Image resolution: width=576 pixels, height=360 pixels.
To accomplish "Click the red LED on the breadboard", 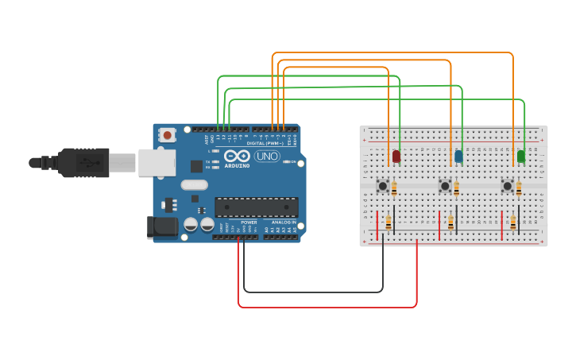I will pos(396,156).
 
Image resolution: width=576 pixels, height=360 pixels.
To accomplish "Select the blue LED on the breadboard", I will pos(458,156).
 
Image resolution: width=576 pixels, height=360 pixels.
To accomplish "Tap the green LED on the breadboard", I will pos(521,156).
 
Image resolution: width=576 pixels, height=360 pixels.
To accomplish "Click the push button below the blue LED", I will pos(445,186).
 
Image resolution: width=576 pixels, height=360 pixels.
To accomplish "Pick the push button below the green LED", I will pos(508,186).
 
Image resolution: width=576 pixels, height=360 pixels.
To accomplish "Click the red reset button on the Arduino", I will pos(167,135).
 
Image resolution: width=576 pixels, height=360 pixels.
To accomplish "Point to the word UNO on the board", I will pos(266,157).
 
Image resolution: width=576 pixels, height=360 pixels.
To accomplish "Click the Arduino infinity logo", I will pos(237,156).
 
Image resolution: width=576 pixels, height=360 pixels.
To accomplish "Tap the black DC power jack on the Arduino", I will pos(163,227).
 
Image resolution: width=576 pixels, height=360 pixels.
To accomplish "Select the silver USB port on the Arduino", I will pos(157,162).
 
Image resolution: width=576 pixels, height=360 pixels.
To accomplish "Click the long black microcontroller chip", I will pos(257,207).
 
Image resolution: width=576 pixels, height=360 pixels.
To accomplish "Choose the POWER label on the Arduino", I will pos(249,223).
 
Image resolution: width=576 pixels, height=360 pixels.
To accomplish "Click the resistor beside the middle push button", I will pos(456,189).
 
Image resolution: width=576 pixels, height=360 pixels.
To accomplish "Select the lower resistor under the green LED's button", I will pos(513,223).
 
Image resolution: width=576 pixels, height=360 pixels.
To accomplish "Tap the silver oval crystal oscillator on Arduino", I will pos(194,185).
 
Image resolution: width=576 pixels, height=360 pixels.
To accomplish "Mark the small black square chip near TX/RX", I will pos(196,166).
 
